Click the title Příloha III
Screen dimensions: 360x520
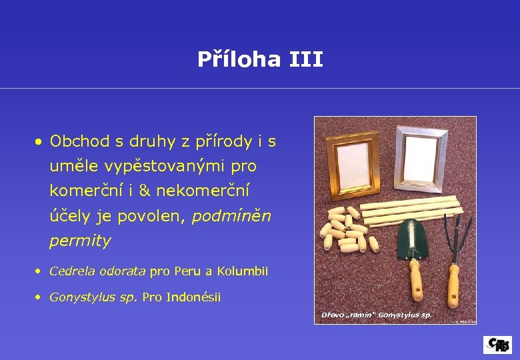[x=260, y=60]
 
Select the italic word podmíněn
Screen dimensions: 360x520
[x=231, y=216]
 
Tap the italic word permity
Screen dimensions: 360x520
[x=80, y=241]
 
